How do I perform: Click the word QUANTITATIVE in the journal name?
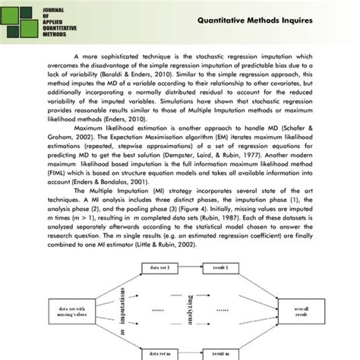[x=64, y=27]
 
